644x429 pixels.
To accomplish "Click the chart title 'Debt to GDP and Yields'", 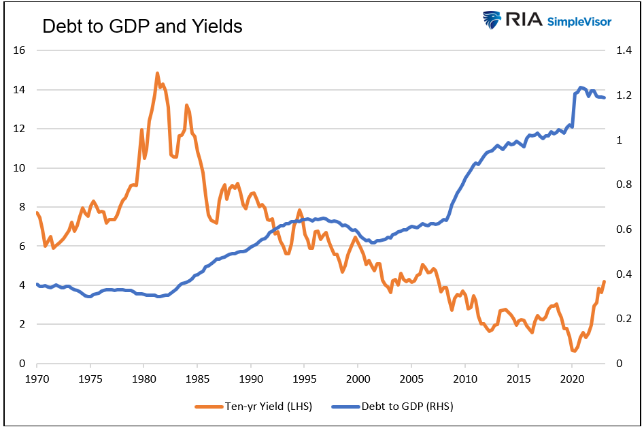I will [x=142, y=26].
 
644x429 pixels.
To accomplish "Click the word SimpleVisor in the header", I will [x=578, y=21].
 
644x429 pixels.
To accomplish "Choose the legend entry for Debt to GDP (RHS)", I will [x=401, y=407].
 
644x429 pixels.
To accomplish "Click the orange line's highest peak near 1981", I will [x=157, y=73].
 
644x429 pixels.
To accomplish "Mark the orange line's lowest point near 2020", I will [x=574, y=351].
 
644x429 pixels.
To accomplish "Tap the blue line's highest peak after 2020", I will [x=581, y=87].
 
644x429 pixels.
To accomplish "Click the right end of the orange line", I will [x=604, y=281].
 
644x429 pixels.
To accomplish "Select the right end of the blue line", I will [x=604, y=98].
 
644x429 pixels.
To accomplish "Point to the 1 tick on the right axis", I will [x=620, y=140].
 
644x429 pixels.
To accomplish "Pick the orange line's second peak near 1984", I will [x=186, y=106].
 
